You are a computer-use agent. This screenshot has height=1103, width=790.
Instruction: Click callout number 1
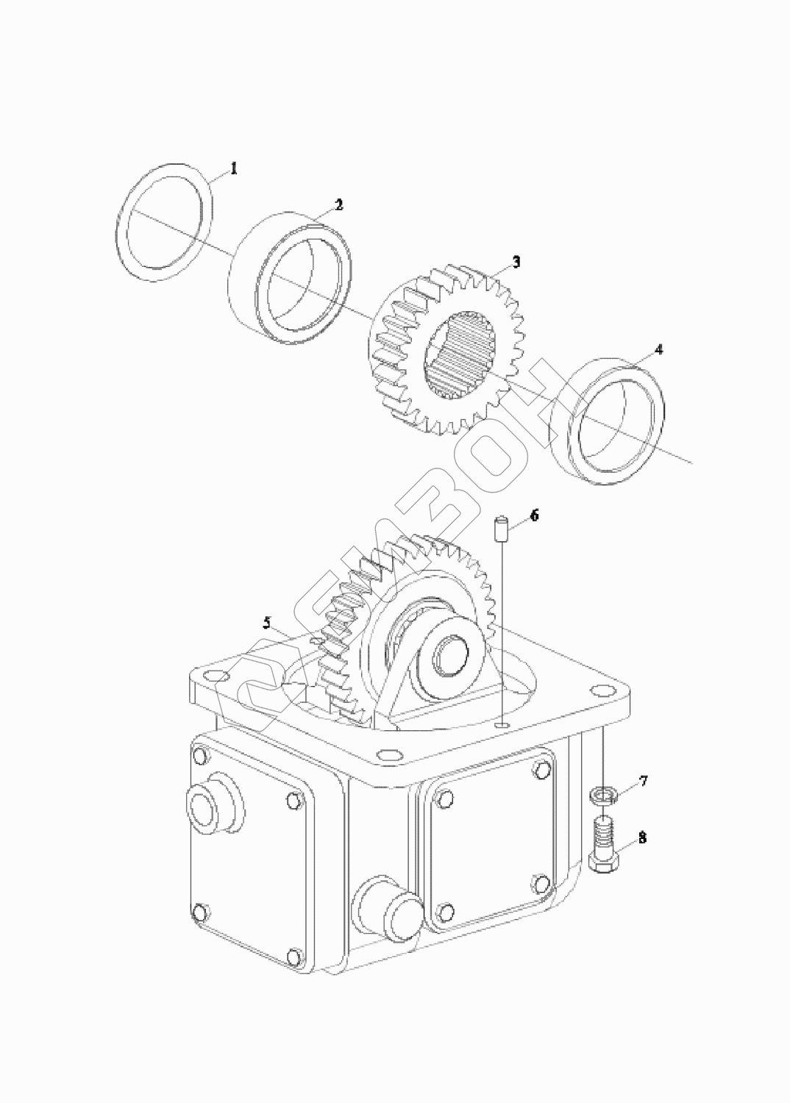(x=234, y=168)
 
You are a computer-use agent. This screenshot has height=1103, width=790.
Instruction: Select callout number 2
(x=339, y=205)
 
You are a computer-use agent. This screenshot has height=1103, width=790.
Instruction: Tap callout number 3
(x=516, y=262)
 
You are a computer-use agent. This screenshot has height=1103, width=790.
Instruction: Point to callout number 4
(x=658, y=349)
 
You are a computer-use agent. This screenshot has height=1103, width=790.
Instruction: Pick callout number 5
(x=266, y=623)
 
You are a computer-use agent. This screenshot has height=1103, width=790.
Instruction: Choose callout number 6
(x=534, y=515)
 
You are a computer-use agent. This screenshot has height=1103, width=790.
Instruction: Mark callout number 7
(x=643, y=780)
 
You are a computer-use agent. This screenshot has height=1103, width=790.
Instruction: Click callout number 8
(x=642, y=838)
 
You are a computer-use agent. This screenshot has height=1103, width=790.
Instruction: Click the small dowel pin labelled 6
(x=501, y=527)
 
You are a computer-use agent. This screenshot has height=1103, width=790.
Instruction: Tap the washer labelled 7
(x=602, y=794)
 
